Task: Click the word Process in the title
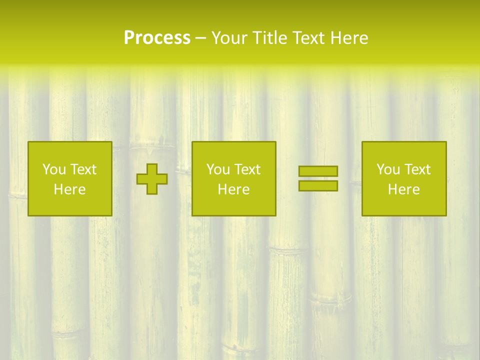point(157,38)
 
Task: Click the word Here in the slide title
point(350,38)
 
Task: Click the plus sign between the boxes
point(152,179)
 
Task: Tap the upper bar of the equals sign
point(318,171)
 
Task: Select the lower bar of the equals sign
point(318,186)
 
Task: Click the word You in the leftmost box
point(54,169)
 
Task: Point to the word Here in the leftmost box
point(70,189)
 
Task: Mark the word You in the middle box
point(218,169)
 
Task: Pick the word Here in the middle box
point(234,189)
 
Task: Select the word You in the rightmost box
point(388,169)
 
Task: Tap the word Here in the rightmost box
point(404,189)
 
